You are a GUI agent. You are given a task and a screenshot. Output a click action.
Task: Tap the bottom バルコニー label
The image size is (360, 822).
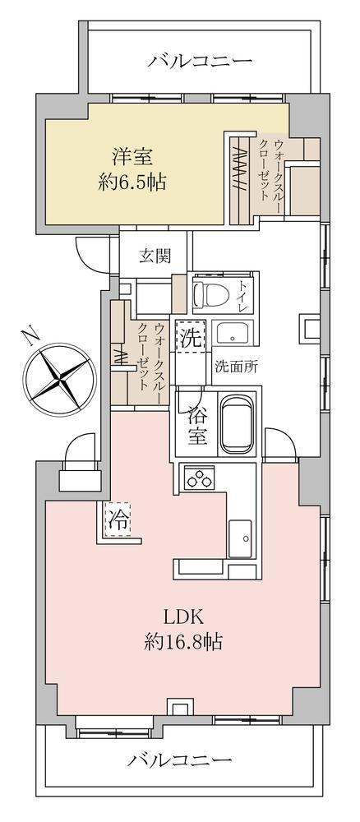click(x=179, y=760)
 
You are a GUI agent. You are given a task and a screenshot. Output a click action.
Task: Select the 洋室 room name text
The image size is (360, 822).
click(x=132, y=157)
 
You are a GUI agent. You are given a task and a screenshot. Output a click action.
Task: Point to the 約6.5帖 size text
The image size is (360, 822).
click(x=132, y=182)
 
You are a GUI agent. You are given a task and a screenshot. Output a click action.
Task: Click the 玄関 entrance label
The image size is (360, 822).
click(x=155, y=256)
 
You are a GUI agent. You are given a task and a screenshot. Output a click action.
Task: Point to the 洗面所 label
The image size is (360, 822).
click(x=237, y=367)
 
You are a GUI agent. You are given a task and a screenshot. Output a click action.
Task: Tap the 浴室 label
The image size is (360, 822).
click(x=196, y=427)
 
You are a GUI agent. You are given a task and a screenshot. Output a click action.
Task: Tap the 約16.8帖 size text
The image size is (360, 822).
click(x=182, y=641)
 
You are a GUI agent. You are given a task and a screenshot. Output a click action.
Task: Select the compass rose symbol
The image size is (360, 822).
click(x=60, y=376)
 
